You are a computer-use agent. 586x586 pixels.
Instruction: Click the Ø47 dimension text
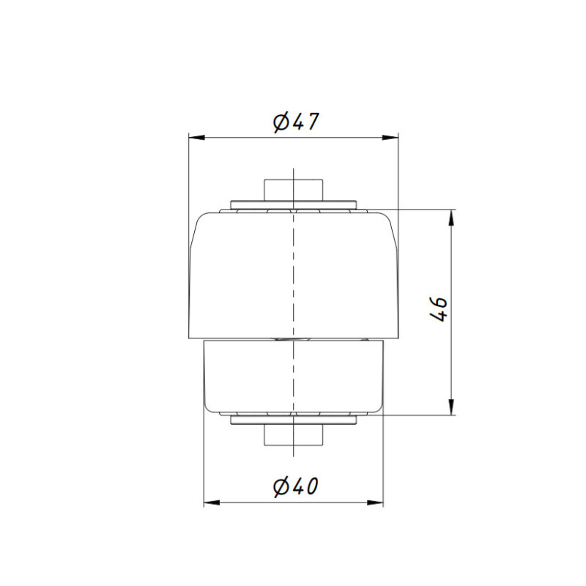pyautogui.click(x=296, y=122)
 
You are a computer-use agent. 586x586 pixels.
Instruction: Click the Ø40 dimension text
pyautogui.click(x=295, y=486)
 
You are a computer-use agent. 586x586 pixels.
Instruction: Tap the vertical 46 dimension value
pyautogui.click(x=439, y=309)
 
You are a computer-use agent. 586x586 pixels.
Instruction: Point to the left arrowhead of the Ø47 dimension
pyautogui.click(x=197, y=138)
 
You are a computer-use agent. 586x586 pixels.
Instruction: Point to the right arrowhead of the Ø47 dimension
pyautogui.click(x=390, y=138)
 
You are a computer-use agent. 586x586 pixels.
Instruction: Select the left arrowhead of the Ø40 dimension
pyautogui.click(x=212, y=502)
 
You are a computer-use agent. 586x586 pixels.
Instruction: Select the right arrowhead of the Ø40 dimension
pyautogui.click(x=375, y=502)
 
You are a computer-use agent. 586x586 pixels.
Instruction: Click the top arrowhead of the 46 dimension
pyautogui.click(x=451, y=218)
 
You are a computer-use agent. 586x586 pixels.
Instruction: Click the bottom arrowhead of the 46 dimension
pyautogui.click(x=451, y=407)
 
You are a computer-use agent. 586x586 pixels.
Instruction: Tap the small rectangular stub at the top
pyautogui.click(x=294, y=190)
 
